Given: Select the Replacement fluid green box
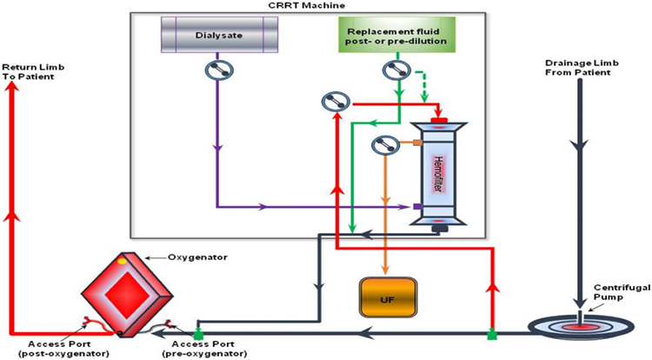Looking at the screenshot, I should tap(392, 37).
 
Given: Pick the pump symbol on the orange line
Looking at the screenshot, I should tap(383, 143).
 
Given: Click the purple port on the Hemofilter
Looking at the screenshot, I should tap(418, 207).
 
